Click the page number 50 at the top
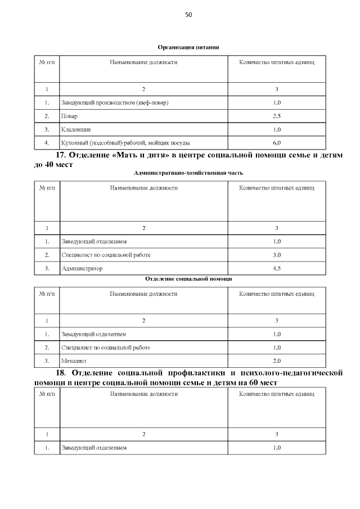coord(188,15)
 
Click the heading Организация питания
coord(188,47)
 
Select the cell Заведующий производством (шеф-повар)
coord(115,103)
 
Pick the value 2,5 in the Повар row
coord(276,116)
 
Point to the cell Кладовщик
coord(76,129)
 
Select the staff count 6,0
coord(276,142)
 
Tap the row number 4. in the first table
coord(47,142)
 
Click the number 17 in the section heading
coord(61,155)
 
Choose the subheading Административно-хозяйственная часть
coord(188,173)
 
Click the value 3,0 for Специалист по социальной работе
coord(276,255)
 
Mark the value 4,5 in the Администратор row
coord(276,269)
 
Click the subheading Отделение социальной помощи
coord(188,279)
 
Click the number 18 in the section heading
coord(61,373)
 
